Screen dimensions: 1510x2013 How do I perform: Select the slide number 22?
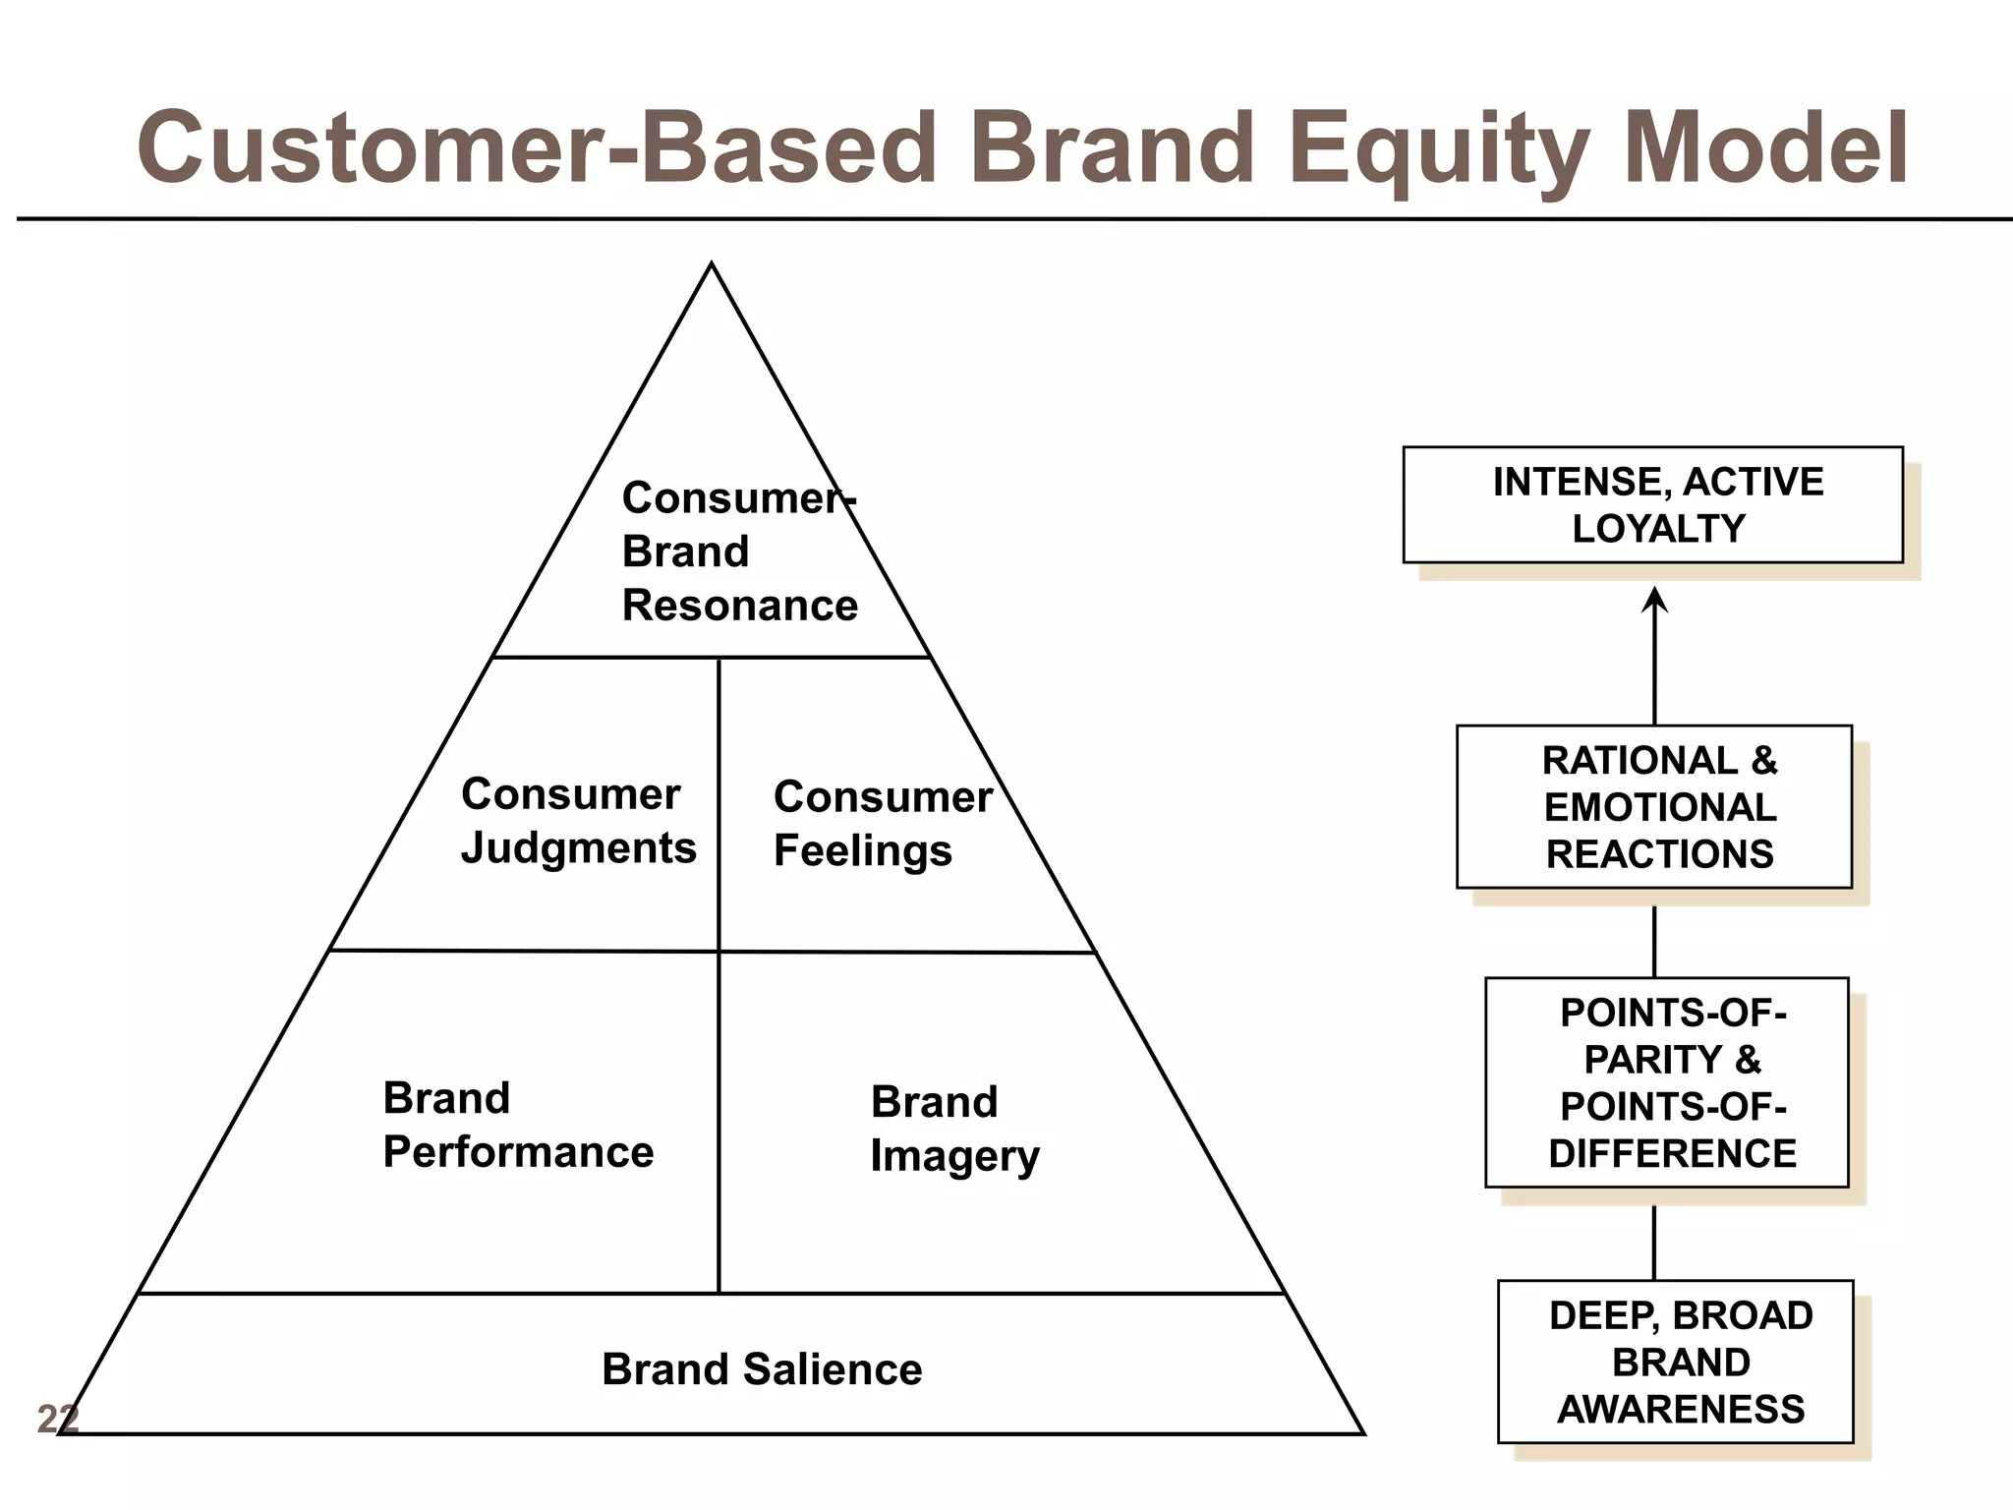[x=57, y=1419]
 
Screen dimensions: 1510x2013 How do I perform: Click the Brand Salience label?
[x=762, y=1368]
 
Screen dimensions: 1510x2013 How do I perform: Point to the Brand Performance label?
[x=518, y=1125]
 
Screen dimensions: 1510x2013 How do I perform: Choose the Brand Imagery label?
[x=953, y=1129]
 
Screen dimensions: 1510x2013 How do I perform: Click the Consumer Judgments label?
[x=578, y=821]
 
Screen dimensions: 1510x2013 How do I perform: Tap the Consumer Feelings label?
[x=882, y=824]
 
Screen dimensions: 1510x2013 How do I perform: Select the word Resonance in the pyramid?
[x=739, y=606]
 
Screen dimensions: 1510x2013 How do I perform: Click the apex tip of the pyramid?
[x=712, y=265]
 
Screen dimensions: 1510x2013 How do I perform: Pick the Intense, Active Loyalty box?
[x=1652, y=505]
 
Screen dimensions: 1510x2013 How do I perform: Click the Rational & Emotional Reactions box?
[x=1654, y=807]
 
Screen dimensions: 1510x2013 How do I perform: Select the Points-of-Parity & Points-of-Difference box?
[x=1666, y=1082]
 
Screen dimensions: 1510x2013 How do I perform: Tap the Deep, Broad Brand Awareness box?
[x=1675, y=1362]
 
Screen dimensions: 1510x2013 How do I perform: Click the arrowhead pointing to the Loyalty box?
[x=1654, y=599]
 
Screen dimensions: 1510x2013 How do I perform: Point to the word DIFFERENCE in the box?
[x=1672, y=1153]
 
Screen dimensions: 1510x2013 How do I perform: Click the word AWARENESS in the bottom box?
[x=1681, y=1410]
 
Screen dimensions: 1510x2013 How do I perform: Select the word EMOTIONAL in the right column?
[x=1660, y=807]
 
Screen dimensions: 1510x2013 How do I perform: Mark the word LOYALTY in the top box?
[x=1658, y=529]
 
